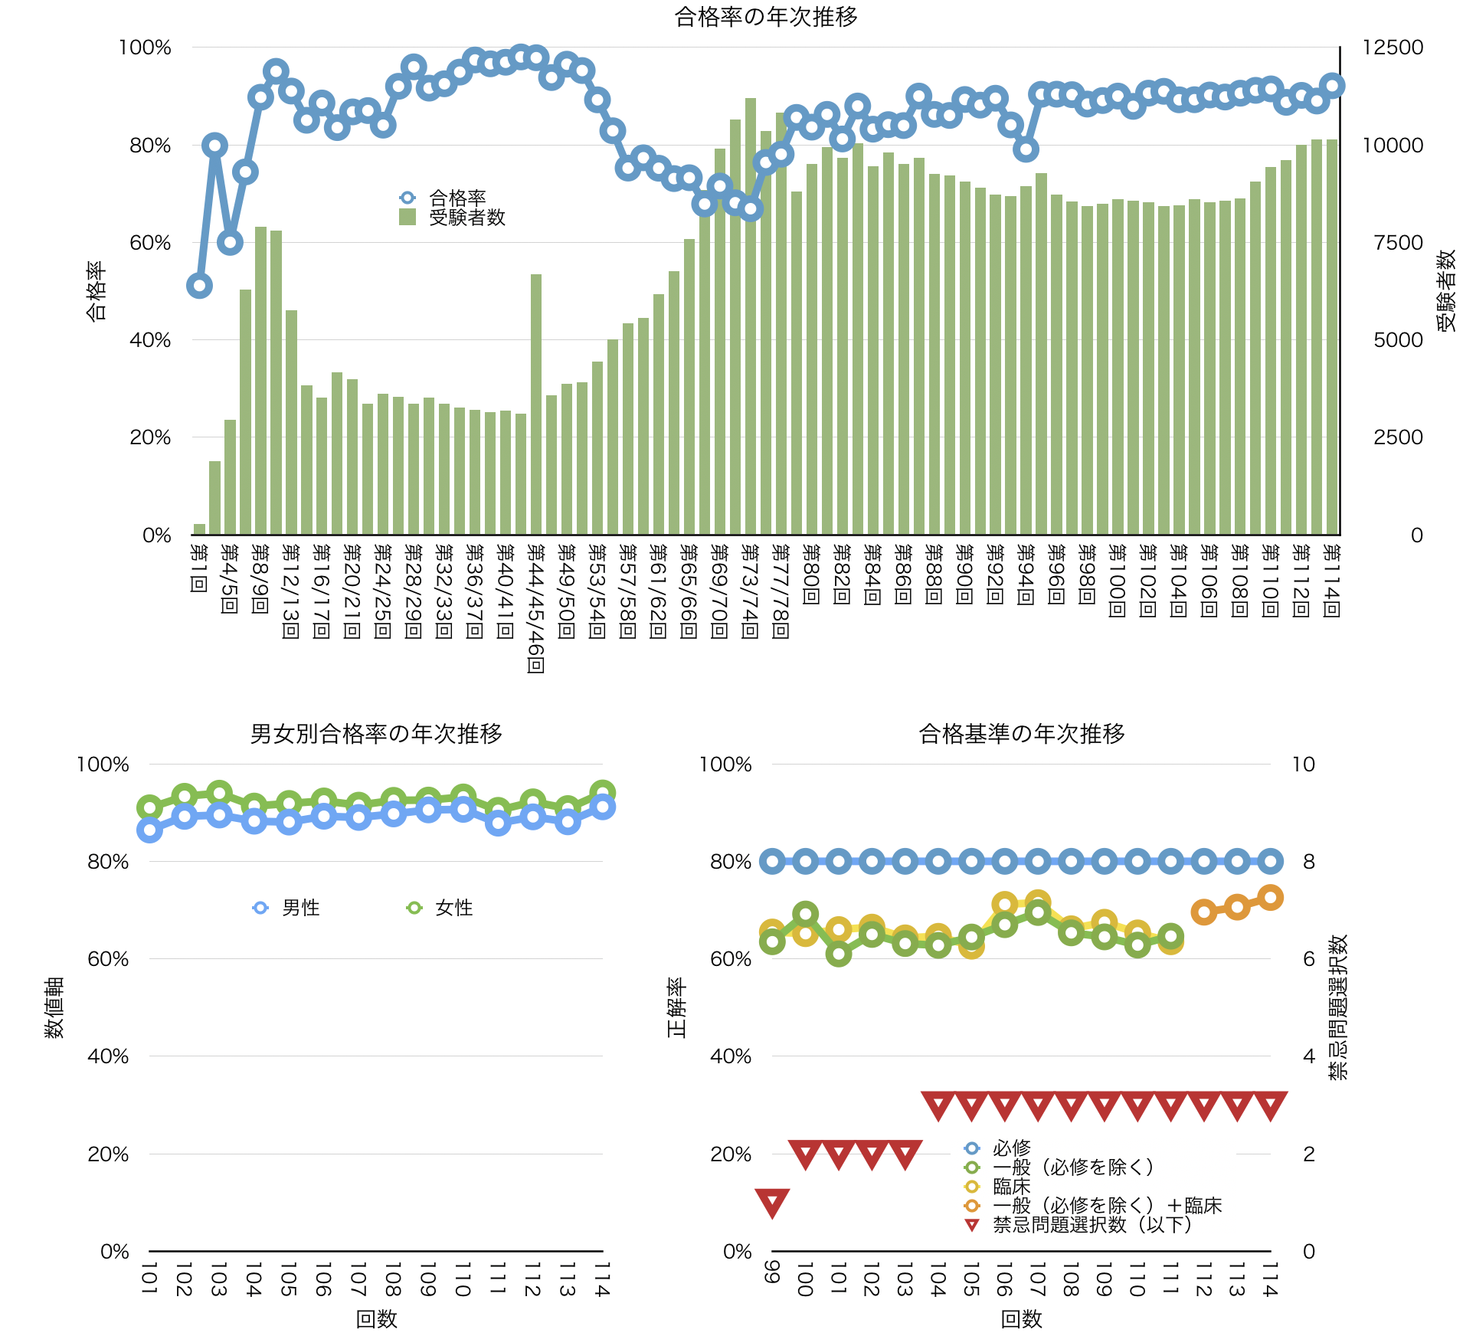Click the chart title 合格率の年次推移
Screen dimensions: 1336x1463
point(765,17)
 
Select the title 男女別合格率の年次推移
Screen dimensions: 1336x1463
point(376,734)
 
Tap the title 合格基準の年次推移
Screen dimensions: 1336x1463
point(1021,734)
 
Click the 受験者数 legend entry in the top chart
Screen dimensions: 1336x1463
point(466,218)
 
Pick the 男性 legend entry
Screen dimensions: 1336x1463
point(300,908)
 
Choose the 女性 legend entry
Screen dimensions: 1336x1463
point(453,908)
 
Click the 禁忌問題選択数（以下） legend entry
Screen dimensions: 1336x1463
point(1092,1225)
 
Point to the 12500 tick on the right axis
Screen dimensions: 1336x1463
point(1392,47)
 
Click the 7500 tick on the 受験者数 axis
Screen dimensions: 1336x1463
point(1398,243)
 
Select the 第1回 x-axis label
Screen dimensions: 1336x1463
point(199,568)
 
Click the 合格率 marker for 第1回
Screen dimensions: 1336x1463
point(199,286)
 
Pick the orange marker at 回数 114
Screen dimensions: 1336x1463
point(1271,898)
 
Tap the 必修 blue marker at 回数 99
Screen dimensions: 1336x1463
point(772,862)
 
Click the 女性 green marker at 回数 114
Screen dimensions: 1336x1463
point(603,793)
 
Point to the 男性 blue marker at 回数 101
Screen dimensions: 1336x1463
point(149,830)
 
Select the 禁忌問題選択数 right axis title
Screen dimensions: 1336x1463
point(1337,1007)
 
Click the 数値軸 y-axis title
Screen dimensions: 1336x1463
point(54,1007)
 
